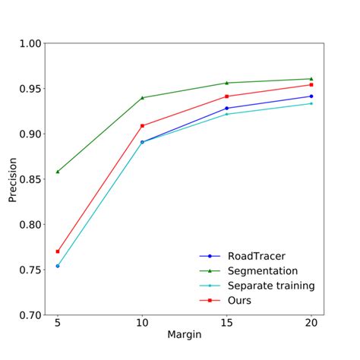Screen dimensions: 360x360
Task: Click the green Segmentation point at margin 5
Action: tap(58, 172)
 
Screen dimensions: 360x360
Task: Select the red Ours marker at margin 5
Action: tap(58, 251)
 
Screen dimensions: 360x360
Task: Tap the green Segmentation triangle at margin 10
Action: tap(142, 98)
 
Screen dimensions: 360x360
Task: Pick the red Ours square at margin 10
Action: tap(142, 125)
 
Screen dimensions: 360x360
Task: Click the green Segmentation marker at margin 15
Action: tap(226, 83)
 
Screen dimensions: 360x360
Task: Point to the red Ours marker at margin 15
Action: tap(226, 96)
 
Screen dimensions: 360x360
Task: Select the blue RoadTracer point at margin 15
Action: tap(226, 108)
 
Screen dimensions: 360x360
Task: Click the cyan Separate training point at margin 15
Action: tap(226, 114)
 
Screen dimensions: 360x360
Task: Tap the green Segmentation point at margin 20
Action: tap(311, 79)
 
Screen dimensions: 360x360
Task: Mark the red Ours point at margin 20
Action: tap(311, 84)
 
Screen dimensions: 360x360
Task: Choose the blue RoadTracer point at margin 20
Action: tap(311, 96)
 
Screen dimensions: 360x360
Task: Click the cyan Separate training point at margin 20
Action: tap(311, 103)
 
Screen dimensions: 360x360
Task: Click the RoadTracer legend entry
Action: tap(257, 256)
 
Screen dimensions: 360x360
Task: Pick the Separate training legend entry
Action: tap(271, 286)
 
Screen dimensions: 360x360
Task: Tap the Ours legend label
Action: tap(240, 300)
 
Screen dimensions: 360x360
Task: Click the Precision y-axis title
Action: tap(13, 179)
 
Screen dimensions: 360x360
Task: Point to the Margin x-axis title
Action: tap(184, 335)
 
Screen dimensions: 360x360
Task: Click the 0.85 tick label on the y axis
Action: tap(29, 179)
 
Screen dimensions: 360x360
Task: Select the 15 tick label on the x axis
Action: tap(226, 322)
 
